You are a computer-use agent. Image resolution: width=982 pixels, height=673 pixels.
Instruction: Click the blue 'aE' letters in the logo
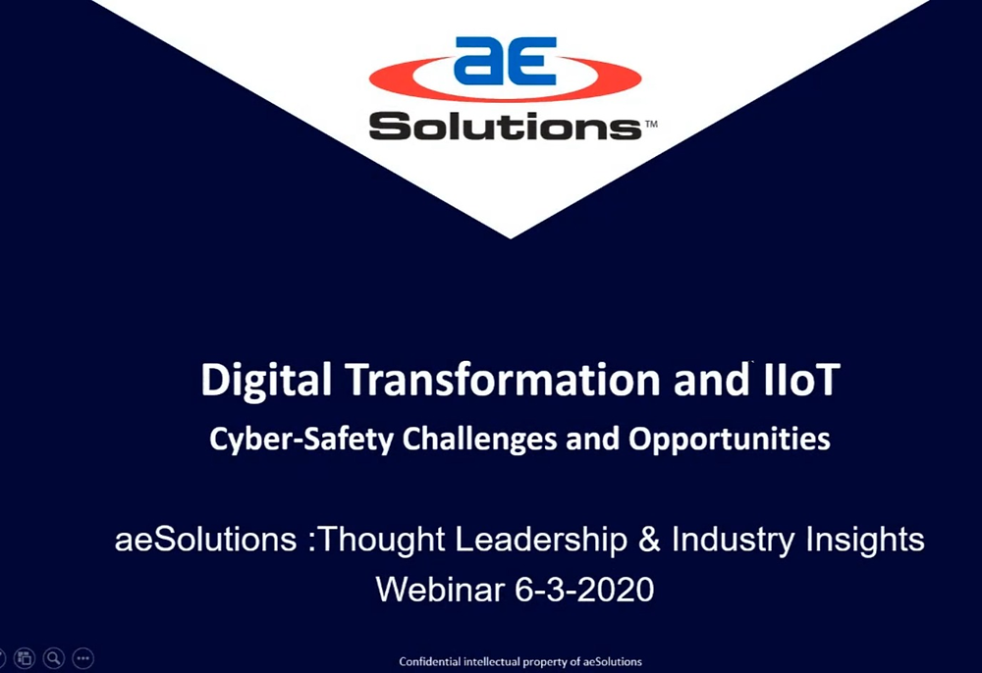(505, 61)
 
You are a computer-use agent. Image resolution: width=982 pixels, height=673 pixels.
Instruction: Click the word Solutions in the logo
(505, 126)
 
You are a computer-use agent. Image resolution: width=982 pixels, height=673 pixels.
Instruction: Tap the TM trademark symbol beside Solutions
(651, 124)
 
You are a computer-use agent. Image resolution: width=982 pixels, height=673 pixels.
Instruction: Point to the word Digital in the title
(265, 381)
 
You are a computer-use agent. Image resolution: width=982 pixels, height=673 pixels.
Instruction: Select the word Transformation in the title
(502, 379)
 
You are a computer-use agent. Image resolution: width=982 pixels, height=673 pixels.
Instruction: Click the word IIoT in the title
(801, 379)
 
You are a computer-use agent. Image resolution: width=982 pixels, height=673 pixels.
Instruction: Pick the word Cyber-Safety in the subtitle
(301, 440)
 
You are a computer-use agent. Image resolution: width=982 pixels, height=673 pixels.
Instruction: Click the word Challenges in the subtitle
(479, 440)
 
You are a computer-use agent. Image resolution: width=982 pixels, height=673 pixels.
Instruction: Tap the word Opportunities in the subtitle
(729, 440)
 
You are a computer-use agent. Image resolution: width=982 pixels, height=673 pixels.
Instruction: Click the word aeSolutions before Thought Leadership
(205, 540)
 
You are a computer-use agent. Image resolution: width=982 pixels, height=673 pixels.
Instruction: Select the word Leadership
(541, 540)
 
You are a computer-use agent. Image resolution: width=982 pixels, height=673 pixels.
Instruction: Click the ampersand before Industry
(649, 540)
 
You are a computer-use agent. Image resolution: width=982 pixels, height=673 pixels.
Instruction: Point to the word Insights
(864, 540)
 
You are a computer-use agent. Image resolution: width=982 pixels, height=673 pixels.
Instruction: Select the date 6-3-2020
(584, 590)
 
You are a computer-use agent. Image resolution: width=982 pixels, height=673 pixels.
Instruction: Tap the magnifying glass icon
(54, 658)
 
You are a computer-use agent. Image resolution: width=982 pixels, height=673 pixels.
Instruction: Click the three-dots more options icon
(83, 658)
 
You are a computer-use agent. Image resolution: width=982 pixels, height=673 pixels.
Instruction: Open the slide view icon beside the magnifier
(25, 658)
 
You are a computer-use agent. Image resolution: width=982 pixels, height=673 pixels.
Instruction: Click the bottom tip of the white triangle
(510, 238)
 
